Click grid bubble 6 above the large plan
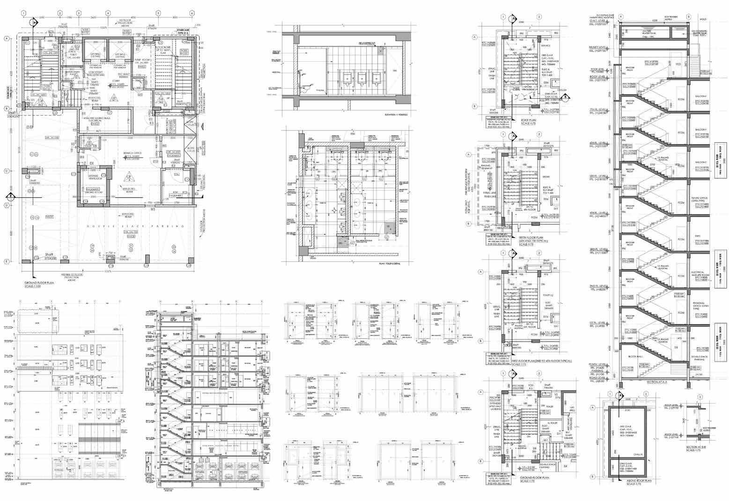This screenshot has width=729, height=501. point(192,13)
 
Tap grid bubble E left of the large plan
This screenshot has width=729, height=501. point(7,261)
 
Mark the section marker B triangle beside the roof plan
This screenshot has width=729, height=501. point(565,97)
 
